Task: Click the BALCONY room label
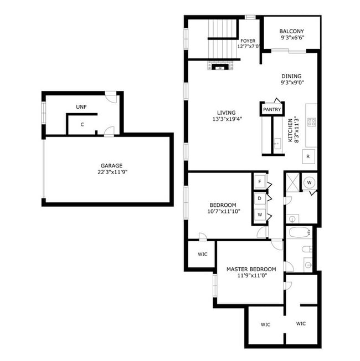click(291, 32)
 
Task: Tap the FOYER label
click(248, 41)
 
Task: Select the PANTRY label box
click(272, 110)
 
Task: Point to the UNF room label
click(81, 106)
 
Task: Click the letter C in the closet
click(82, 125)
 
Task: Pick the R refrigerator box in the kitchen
click(308, 157)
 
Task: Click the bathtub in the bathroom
click(299, 232)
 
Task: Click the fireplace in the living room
click(220, 67)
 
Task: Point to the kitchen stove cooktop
click(311, 122)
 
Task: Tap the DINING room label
click(291, 77)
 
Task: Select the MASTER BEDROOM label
click(251, 270)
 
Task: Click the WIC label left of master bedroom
click(202, 255)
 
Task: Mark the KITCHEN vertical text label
click(290, 131)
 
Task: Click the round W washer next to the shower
click(310, 181)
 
